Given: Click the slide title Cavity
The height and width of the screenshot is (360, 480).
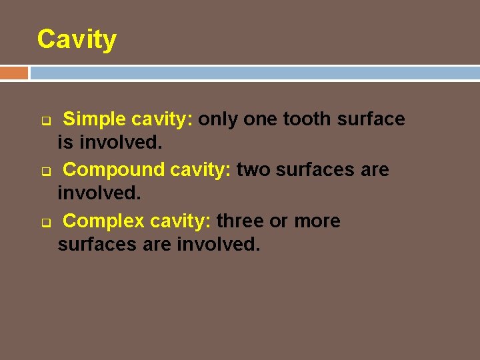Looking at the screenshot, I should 77,40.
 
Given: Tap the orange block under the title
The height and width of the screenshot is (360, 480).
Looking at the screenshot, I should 14,73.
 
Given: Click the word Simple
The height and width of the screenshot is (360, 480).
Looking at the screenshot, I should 95,119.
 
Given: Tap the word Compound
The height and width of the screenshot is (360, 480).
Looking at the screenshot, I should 114,170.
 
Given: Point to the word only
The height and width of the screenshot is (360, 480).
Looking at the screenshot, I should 219,119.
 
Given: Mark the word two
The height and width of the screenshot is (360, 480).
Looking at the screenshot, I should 253,170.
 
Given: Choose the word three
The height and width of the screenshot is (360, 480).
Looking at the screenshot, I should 240,221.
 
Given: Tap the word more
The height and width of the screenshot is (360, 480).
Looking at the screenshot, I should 317,221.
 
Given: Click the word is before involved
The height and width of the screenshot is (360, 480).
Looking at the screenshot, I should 65,143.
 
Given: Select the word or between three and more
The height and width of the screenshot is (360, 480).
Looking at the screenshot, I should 279,221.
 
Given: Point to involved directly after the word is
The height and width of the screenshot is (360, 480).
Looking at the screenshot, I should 120,143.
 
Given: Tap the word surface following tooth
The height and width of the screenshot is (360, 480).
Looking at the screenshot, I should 371,119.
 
